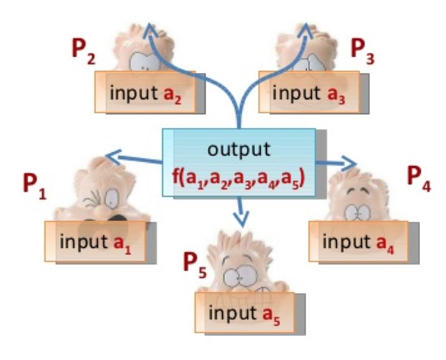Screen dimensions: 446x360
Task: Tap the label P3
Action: tap(364, 50)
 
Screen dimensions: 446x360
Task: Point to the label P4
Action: tap(419, 177)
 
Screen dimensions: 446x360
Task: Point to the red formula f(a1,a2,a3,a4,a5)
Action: tap(238, 173)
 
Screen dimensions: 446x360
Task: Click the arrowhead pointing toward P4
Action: tap(351, 164)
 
